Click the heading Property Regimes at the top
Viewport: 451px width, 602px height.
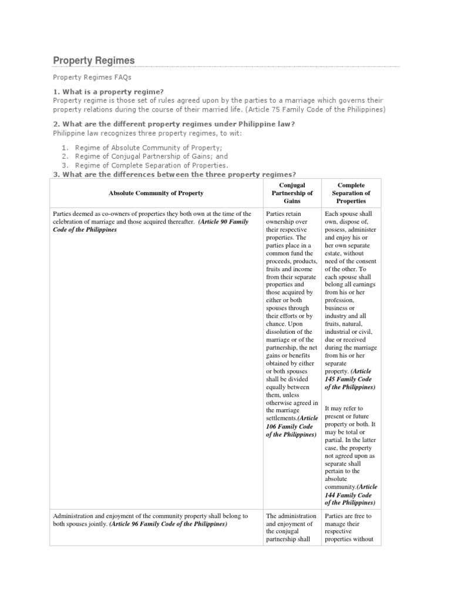point(94,61)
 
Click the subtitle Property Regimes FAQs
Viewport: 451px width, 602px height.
point(92,77)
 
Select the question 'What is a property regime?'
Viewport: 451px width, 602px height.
point(109,91)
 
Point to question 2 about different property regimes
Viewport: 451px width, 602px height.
point(174,123)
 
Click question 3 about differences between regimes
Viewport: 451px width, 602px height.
point(174,174)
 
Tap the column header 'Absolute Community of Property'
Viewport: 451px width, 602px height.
point(157,193)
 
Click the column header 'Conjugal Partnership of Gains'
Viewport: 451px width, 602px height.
point(292,193)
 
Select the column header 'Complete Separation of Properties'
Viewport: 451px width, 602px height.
point(351,193)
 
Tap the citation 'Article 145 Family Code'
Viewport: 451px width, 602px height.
point(351,379)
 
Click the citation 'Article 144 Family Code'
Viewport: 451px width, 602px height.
point(351,494)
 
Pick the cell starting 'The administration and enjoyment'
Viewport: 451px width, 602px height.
point(292,527)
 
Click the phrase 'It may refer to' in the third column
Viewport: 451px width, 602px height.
point(344,408)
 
